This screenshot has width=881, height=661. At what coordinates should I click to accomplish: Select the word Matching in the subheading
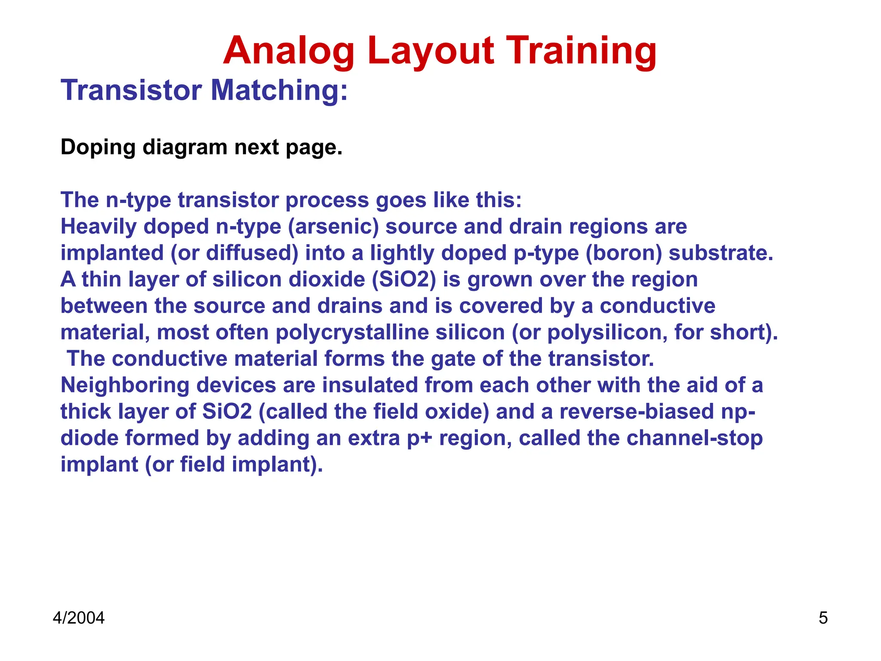coord(279,90)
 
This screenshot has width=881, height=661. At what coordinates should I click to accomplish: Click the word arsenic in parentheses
coord(333,226)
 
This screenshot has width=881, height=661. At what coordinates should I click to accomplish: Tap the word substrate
coord(721,253)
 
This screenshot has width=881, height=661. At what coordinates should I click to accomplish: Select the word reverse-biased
coord(637,411)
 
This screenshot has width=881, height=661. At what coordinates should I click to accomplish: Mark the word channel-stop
coord(694,438)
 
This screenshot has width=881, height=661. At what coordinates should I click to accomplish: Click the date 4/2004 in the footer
coord(79,618)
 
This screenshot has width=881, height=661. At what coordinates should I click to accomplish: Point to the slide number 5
coord(823,618)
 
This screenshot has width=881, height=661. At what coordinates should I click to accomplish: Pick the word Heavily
coord(98,226)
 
